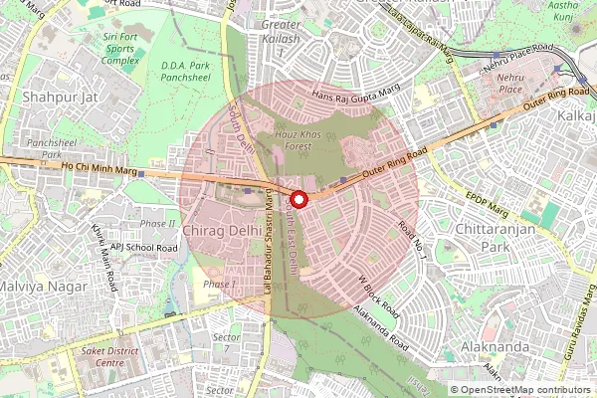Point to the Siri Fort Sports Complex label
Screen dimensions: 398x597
click(x=119, y=50)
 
